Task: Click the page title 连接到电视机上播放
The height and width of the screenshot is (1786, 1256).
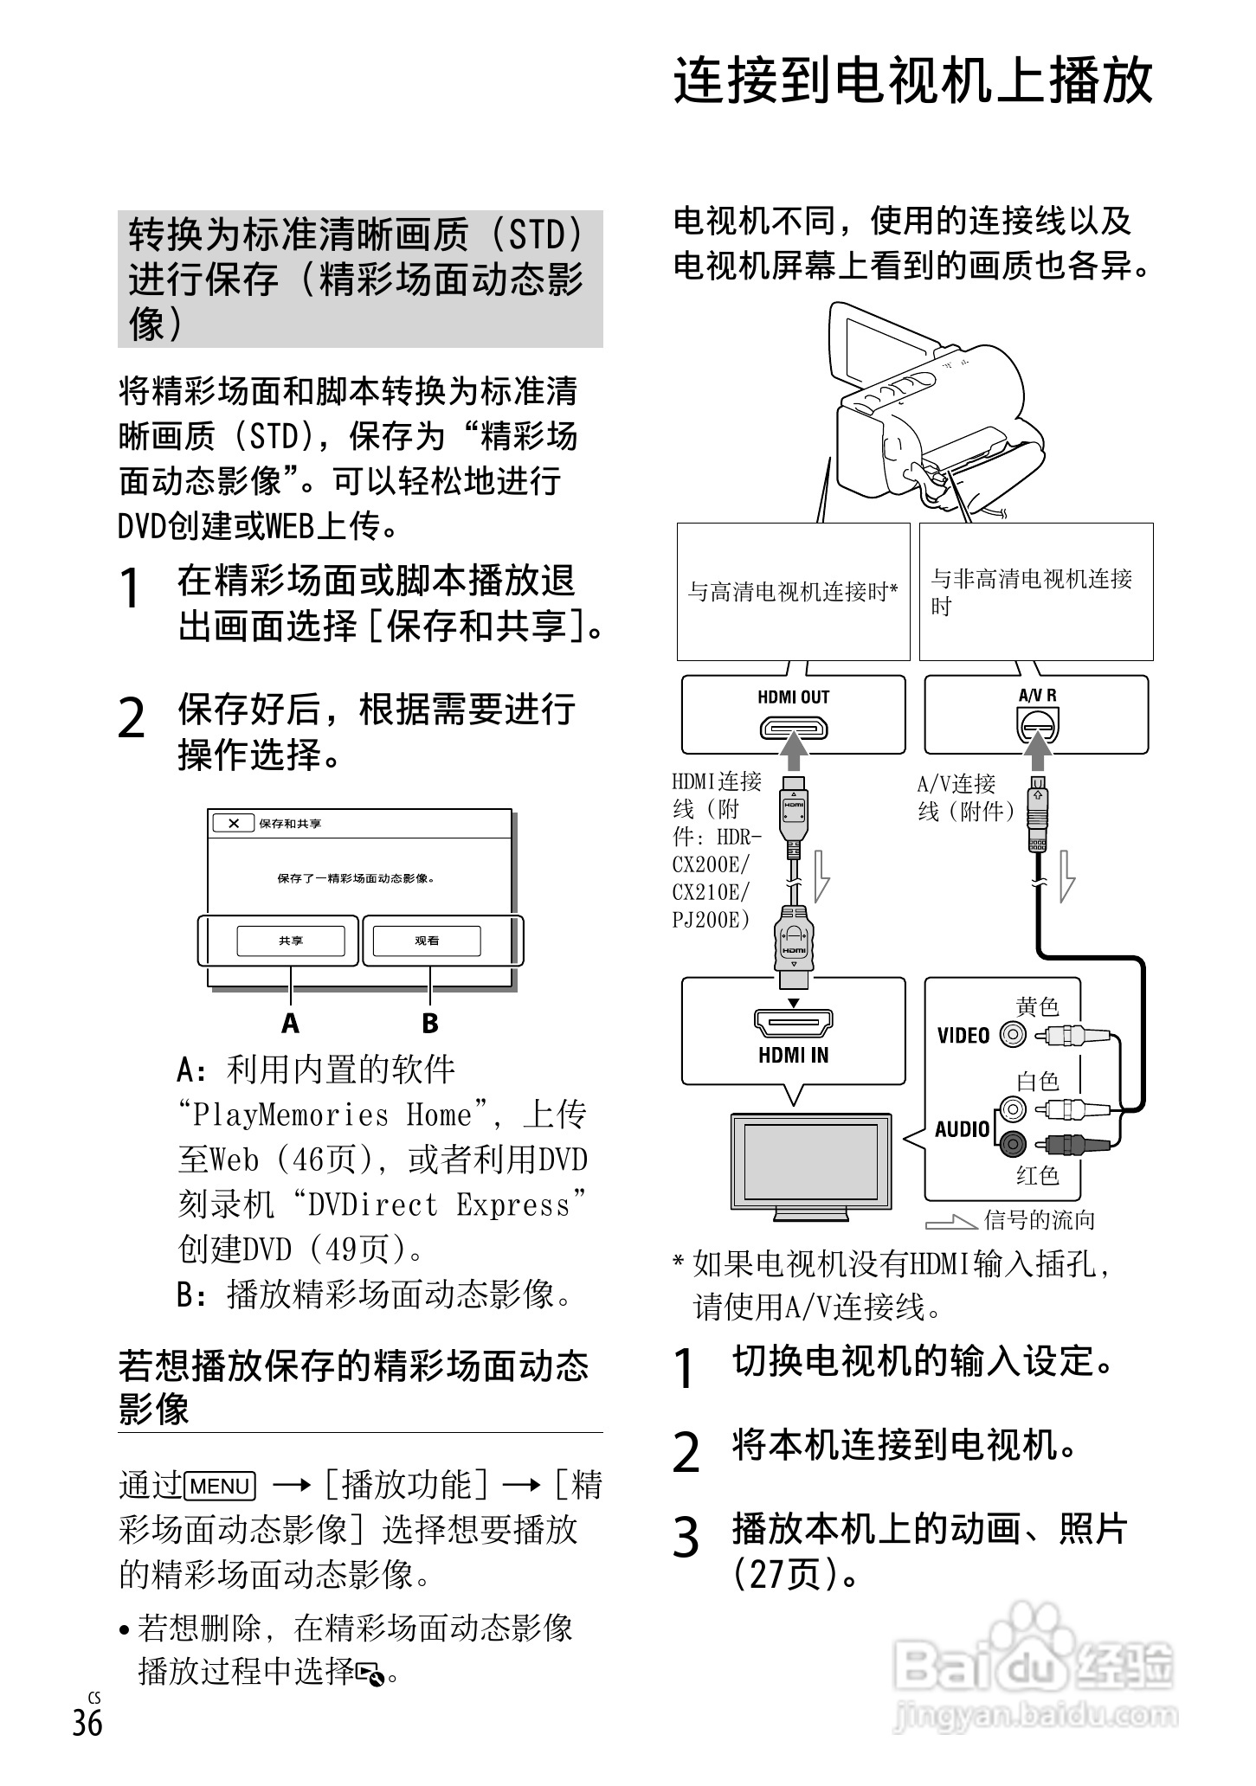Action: [912, 81]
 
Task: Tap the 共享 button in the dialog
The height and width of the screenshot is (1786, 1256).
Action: [291, 941]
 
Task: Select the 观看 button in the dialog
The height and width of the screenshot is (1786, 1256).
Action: [427, 941]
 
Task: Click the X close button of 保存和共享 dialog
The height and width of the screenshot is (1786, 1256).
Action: [234, 823]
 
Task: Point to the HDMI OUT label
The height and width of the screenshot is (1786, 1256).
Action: [793, 697]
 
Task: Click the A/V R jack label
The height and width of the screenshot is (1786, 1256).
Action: [1037, 696]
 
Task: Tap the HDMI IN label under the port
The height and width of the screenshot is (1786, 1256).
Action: [793, 1055]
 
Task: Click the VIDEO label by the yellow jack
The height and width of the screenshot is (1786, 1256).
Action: [963, 1036]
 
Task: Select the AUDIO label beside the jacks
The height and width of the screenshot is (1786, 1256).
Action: [962, 1128]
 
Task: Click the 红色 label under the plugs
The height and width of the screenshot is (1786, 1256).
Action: [1037, 1175]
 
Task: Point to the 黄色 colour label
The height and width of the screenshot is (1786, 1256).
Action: [1037, 1006]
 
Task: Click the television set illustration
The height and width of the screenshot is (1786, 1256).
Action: [810, 1164]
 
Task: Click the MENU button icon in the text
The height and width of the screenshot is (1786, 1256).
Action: [221, 1486]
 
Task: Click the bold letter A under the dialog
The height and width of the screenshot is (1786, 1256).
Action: [290, 1024]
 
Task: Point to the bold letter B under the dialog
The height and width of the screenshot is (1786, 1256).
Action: [429, 1024]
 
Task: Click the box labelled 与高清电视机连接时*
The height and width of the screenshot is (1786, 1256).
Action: [793, 592]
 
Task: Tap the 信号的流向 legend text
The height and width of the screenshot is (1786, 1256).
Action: [1039, 1220]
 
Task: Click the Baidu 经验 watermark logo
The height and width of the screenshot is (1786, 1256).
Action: [1034, 1674]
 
